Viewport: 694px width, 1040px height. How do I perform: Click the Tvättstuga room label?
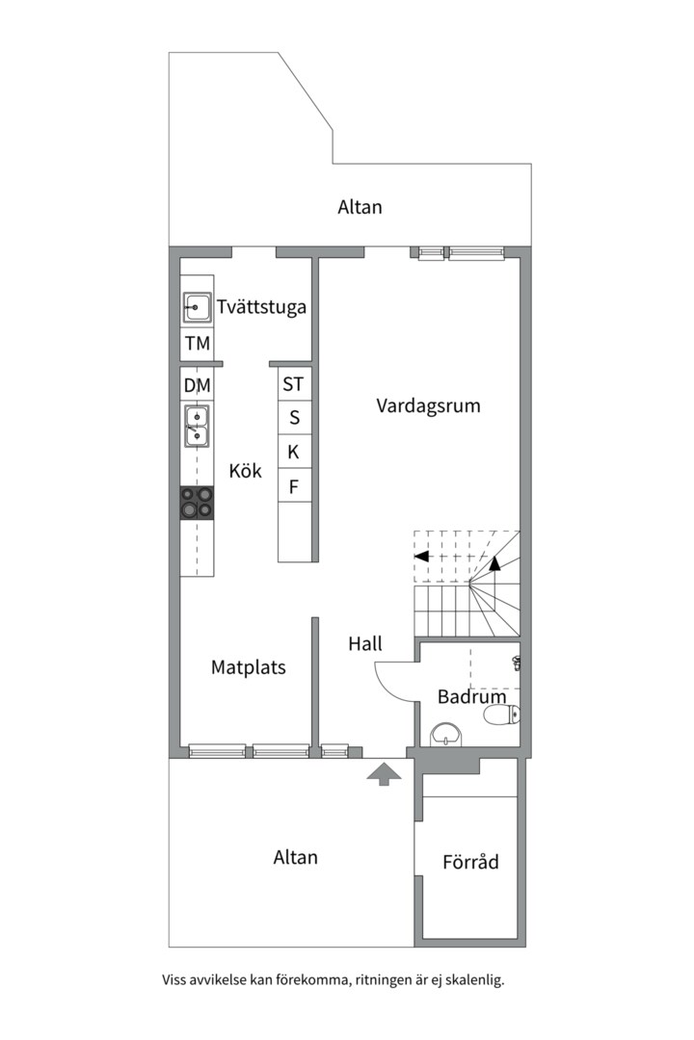[261, 308]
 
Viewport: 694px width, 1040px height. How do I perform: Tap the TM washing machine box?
[198, 344]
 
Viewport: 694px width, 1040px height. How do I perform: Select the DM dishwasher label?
[198, 385]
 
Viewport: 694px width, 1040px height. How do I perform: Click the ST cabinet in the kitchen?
[293, 384]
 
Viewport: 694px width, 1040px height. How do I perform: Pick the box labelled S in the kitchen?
[294, 418]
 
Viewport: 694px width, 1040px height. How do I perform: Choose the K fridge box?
[294, 452]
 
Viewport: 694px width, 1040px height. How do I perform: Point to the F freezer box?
[294, 486]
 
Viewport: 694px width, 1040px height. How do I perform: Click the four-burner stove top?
[198, 503]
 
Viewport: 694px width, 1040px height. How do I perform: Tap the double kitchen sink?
[198, 427]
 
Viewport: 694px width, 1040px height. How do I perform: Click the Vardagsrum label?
[428, 405]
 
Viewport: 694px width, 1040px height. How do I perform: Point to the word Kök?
[245, 472]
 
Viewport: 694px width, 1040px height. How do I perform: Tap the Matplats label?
[249, 666]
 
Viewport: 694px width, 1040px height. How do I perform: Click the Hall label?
[365, 644]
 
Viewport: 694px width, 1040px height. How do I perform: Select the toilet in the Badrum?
[501, 715]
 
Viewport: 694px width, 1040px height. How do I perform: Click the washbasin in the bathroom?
[446, 734]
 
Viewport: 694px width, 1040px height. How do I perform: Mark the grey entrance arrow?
[384, 772]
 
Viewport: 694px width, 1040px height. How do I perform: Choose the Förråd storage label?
[470, 862]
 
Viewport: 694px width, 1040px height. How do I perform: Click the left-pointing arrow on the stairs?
[420, 556]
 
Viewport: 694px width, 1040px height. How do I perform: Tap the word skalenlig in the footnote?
[470, 980]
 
